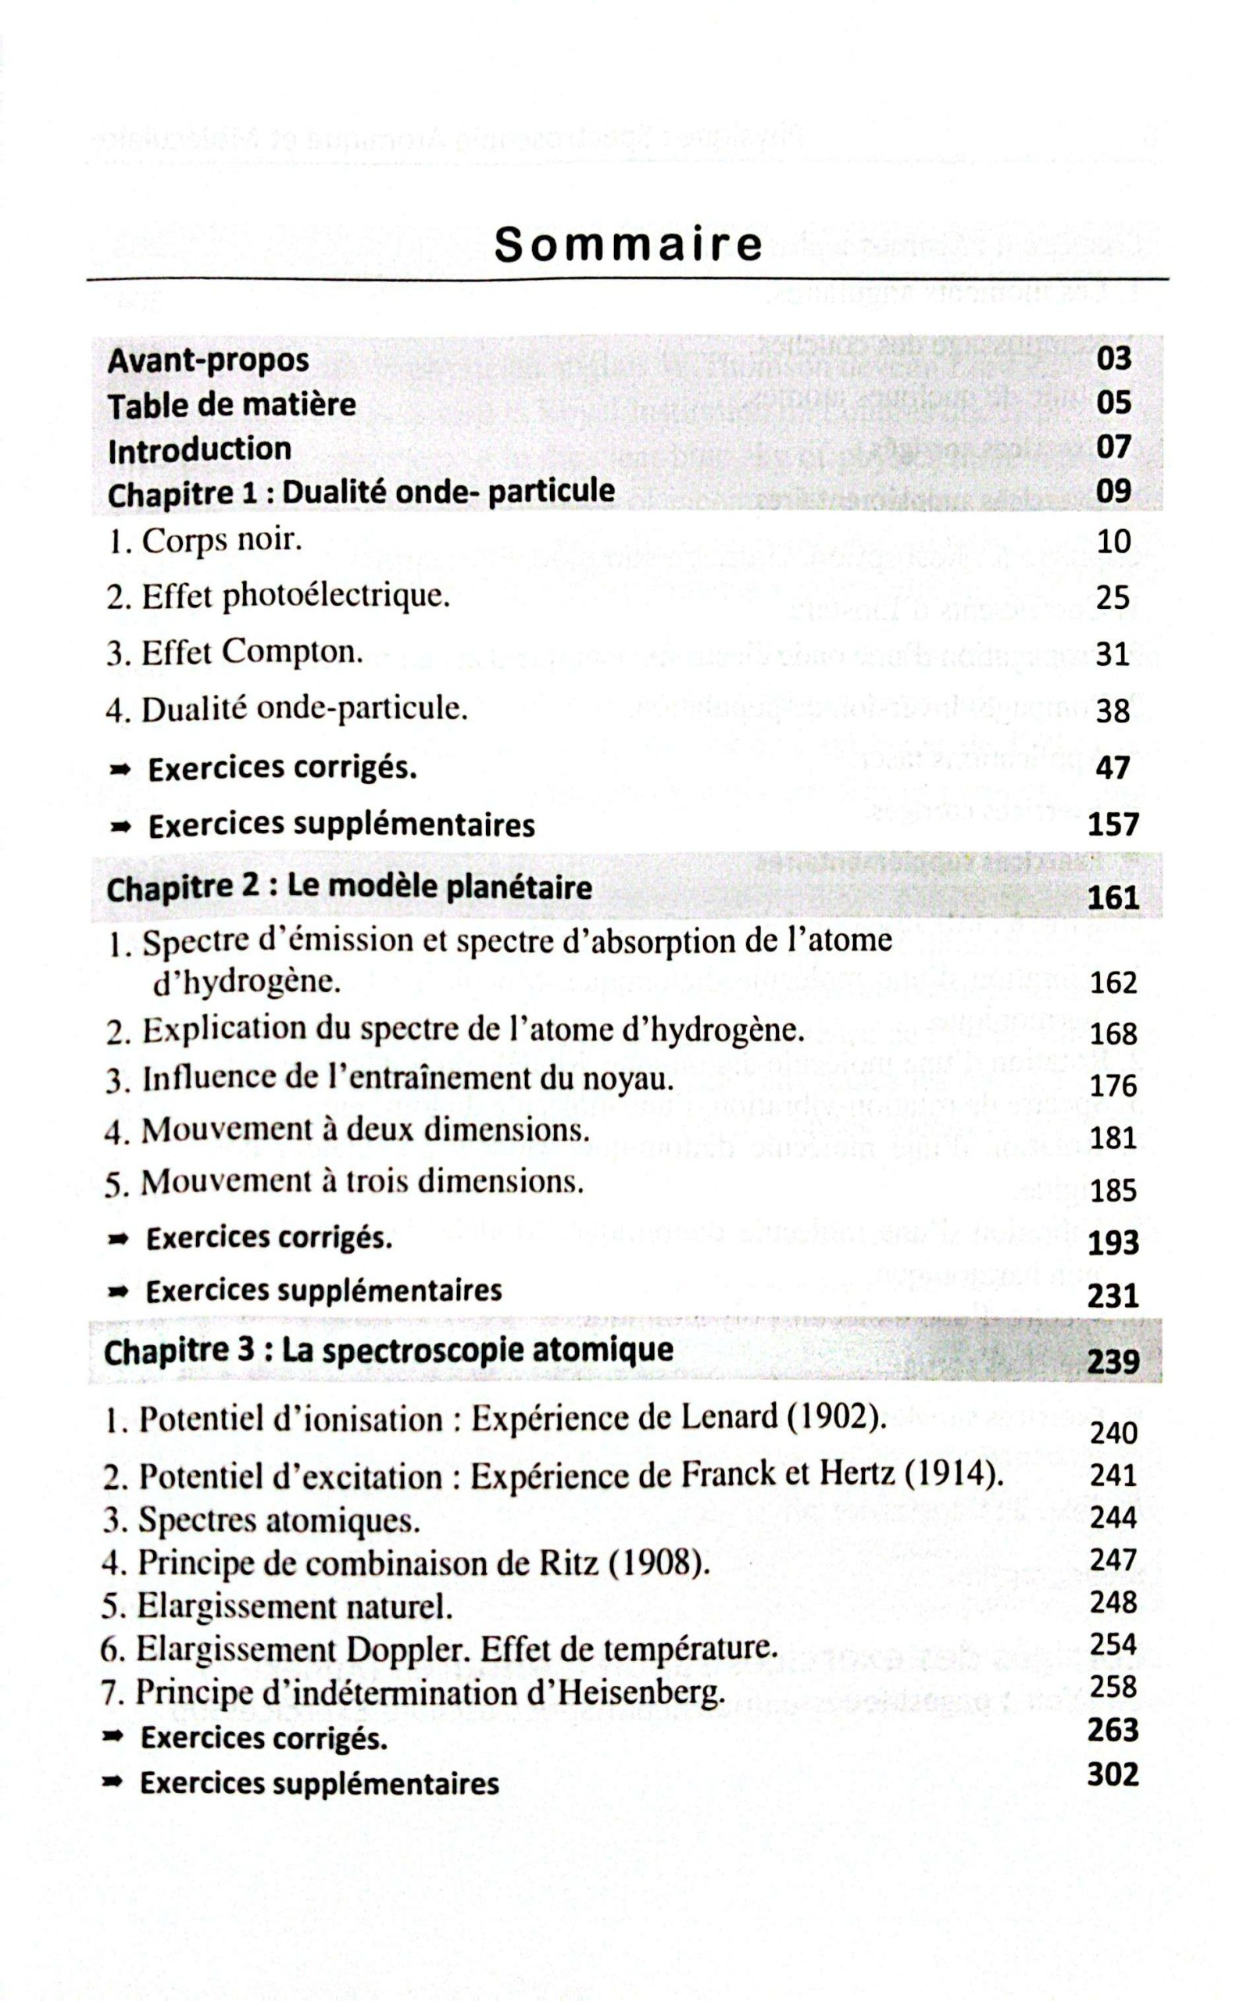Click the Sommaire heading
[x=628, y=245]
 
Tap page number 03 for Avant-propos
[x=1113, y=358]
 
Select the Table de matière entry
[x=232, y=405]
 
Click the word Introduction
[x=199, y=449]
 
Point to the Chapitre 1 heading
[x=360, y=492]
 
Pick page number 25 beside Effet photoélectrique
[x=1113, y=598]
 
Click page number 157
[x=1113, y=825]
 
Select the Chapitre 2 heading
[x=349, y=888]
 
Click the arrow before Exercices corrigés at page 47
[x=120, y=769]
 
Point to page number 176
[x=1113, y=1086]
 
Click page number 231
[x=1113, y=1296]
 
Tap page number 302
[x=1113, y=1774]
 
